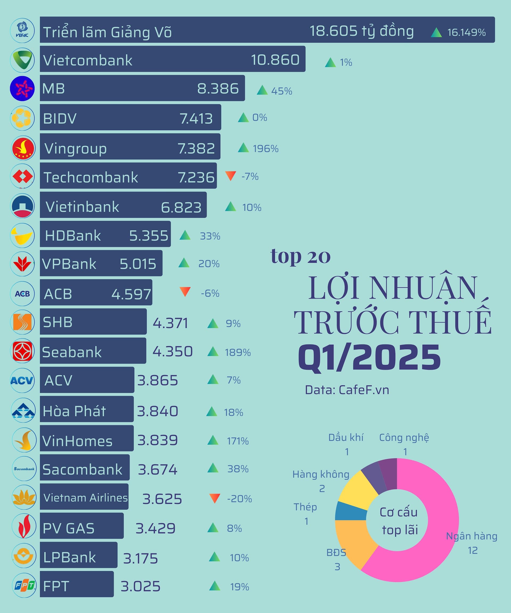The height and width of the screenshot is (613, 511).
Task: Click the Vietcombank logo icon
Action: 22,60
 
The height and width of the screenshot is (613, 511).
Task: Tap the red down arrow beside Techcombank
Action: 231,176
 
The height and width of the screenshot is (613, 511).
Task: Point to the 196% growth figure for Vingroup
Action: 265,148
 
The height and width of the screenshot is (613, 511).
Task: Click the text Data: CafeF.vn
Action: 347,390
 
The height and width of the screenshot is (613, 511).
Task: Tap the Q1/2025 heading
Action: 369,357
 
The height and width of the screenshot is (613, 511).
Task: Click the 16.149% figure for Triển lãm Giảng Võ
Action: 466,32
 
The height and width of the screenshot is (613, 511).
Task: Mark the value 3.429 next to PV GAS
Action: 155,528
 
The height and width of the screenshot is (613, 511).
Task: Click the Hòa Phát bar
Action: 87,409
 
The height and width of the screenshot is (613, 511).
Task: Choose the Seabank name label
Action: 72,352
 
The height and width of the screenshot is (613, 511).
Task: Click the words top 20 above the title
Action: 300,256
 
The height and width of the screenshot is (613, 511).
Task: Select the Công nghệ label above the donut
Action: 404,437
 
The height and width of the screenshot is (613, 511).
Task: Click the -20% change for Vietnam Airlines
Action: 240,499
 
